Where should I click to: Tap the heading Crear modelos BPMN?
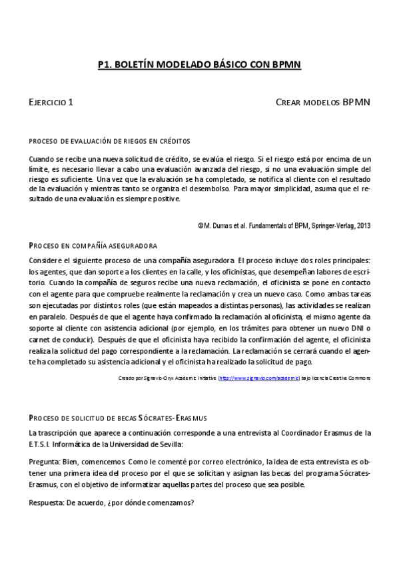click(322, 103)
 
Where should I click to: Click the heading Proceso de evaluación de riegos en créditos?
click(109, 141)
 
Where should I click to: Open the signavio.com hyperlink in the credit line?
click(259, 378)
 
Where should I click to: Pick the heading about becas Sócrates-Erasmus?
click(119, 418)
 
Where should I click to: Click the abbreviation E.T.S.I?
click(43, 444)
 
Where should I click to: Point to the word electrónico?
click(237, 461)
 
